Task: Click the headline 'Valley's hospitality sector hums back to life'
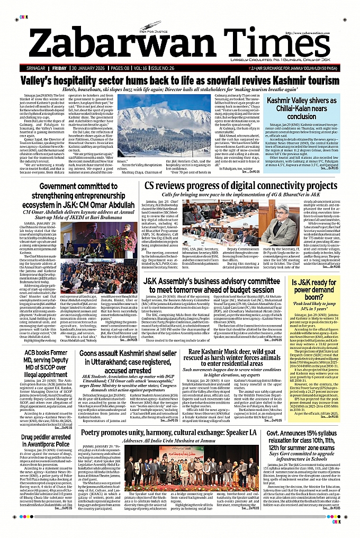(180, 80)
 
